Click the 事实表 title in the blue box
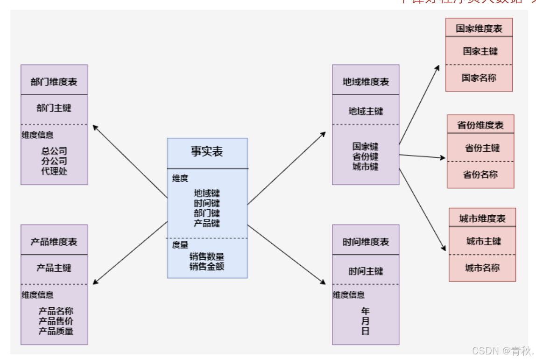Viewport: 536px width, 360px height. [x=207, y=151]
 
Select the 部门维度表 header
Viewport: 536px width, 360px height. [x=54, y=82]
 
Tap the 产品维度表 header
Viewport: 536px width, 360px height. [x=54, y=242]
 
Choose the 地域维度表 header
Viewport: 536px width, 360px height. [x=366, y=82]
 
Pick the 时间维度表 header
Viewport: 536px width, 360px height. [x=366, y=242]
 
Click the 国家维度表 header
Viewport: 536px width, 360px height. [x=479, y=28]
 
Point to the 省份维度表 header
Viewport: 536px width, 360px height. [x=480, y=125]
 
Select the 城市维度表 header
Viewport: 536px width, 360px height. [x=482, y=219]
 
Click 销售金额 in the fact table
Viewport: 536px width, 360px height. [x=207, y=267]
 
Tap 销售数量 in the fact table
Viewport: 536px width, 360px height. [x=207, y=256]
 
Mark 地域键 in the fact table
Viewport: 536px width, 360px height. [x=207, y=193]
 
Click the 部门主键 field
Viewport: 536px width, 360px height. [x=54, y=108]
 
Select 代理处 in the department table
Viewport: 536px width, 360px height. [x=54, y=171]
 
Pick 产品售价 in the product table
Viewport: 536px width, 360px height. [x=56, y=321]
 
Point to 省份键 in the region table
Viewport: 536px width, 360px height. [x=366, y=156]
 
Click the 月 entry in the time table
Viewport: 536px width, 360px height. [x=365, y=321]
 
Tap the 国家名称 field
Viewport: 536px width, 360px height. [x=479, y=78]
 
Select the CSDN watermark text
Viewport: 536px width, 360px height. [x=501, y=351]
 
